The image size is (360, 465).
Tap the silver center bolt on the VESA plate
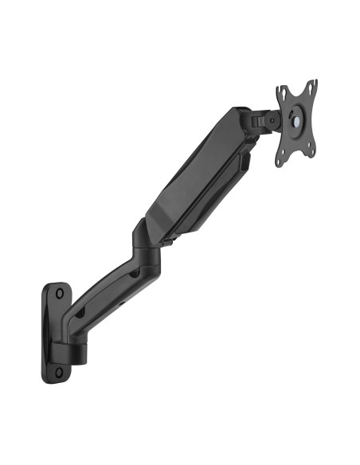click(297, 120)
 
